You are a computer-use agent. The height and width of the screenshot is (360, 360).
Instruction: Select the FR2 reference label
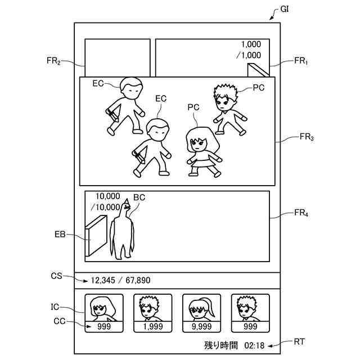click(x=53, y=61)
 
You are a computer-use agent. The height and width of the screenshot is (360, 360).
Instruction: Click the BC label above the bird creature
click(x=139, y=198)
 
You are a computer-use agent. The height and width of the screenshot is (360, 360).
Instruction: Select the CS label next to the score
click(x=57, y=276)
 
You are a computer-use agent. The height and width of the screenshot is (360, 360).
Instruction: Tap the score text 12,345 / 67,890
click(x=120, y=280)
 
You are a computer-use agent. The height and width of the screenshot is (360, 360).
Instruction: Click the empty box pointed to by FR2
click(x=118, y=57)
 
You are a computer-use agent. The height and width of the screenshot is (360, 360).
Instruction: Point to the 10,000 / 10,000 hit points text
click(x=107, y=202)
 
